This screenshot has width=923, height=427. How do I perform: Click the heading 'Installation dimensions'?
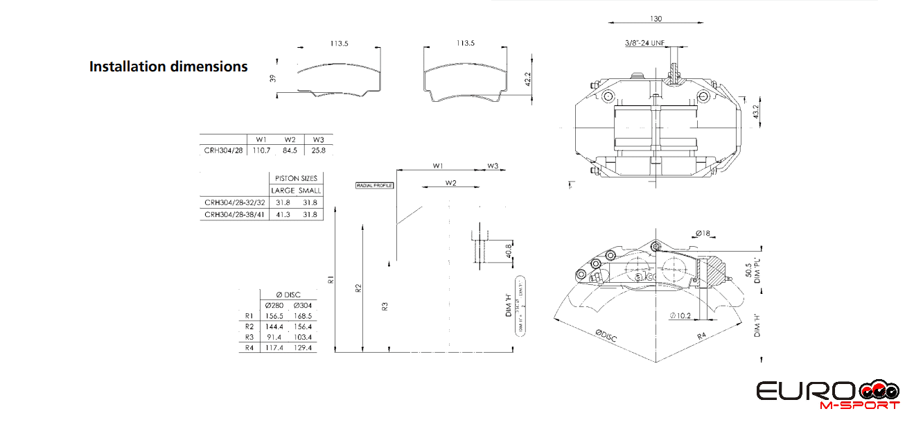pyautogui.click(x=168, y=67)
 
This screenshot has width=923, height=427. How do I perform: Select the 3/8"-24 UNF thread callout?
pyautogui.click(x=645, y=43)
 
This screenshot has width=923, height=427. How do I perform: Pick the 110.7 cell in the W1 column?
pyautogui.click(x=261, y=150)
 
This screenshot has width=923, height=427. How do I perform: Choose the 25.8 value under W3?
pyautogui.click(x=318, y=150)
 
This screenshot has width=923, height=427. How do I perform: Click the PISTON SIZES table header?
pyautogui.click(x=296, y=178)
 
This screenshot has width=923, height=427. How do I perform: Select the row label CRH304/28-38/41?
pyautogui.click(x=234, y=215)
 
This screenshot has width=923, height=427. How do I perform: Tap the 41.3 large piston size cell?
pyautogui.click(x=283, y=215)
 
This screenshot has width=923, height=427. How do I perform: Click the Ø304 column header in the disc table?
pyautogui.click(x=303, y=306)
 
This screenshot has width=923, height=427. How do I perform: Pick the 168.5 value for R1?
pyautogui.click(x=303, y=316)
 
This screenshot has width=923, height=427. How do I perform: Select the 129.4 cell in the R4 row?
pyautogui.click(x=303, y=348)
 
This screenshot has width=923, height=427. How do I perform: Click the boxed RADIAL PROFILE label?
pyautogui.click(x=375, y=186)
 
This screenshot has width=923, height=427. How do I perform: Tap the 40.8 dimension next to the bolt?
pyautogui.click(x=509, y=250)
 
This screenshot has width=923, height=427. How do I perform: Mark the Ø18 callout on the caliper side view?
pyautogui.click(x=702, y=234)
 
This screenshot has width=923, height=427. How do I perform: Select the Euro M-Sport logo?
pyautogui.click(x=829, y=394)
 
